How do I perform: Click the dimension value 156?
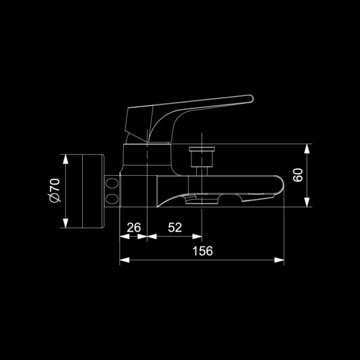point(203,251)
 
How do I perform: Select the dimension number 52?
point(175,227)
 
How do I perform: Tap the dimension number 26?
point(134,227)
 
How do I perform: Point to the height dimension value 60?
point(298,175)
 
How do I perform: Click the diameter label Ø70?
point(55,191)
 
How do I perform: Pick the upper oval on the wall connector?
point(112,183)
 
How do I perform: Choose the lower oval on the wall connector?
point(112,199)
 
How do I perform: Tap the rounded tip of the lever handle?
point(251,99)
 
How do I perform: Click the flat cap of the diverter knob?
point(202,149)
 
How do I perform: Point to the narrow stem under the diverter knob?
point(202,171)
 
